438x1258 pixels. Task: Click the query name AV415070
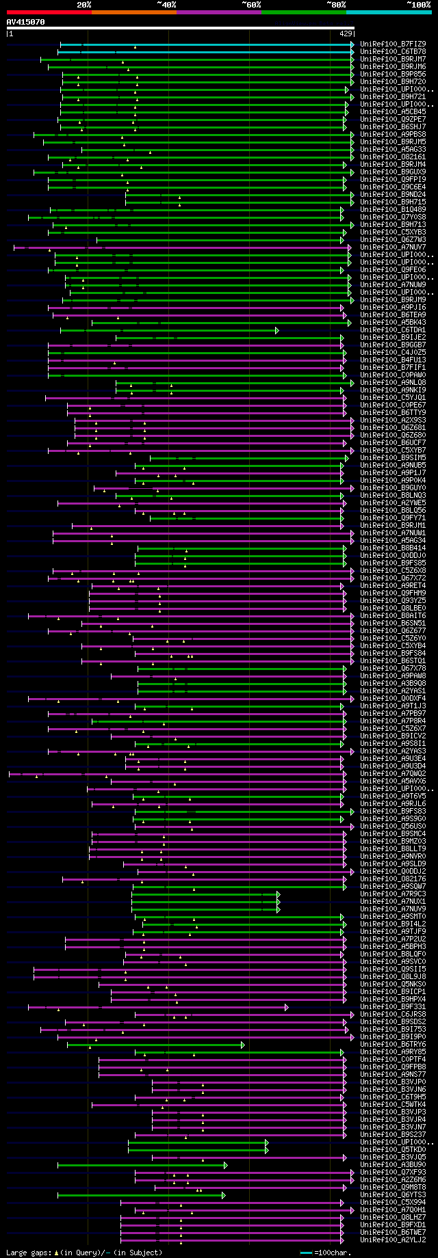pos(26,22)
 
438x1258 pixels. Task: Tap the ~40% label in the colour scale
pos(166,5)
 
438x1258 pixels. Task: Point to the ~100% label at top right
pos(418,5)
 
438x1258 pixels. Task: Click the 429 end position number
pos(346,33)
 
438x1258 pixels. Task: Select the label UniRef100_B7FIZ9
pos(393,44)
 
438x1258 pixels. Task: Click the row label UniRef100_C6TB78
pos(393,51)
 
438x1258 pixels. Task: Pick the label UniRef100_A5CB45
pos(393,111)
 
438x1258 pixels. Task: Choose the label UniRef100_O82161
pos(393,157)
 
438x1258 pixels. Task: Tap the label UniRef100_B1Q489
pos(393,209)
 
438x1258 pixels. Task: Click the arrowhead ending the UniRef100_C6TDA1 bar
pos(277,330)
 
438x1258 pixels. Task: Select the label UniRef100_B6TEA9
pos(393,314)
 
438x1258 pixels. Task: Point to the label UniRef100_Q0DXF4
pos(393,698)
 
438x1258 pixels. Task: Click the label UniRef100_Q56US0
pos(393,826)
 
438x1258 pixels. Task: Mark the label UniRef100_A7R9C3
pos(393,894)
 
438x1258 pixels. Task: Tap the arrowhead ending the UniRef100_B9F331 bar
pos(286,1007)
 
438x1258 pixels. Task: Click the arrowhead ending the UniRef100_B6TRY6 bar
pos(242,1045)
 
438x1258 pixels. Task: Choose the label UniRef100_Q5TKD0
pos(393,1149)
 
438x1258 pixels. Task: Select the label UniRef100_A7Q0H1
pos(393,1209)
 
